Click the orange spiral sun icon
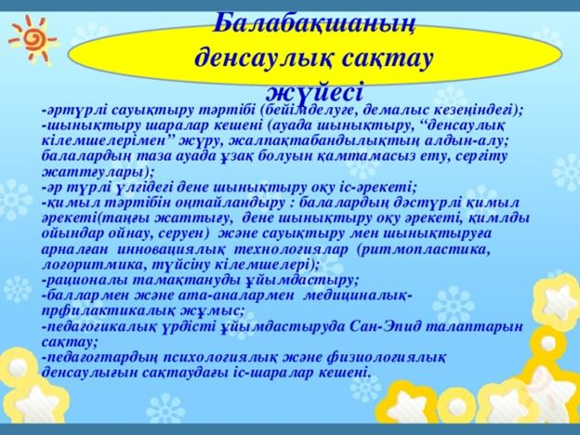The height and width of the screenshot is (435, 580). [x=32, y=36]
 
